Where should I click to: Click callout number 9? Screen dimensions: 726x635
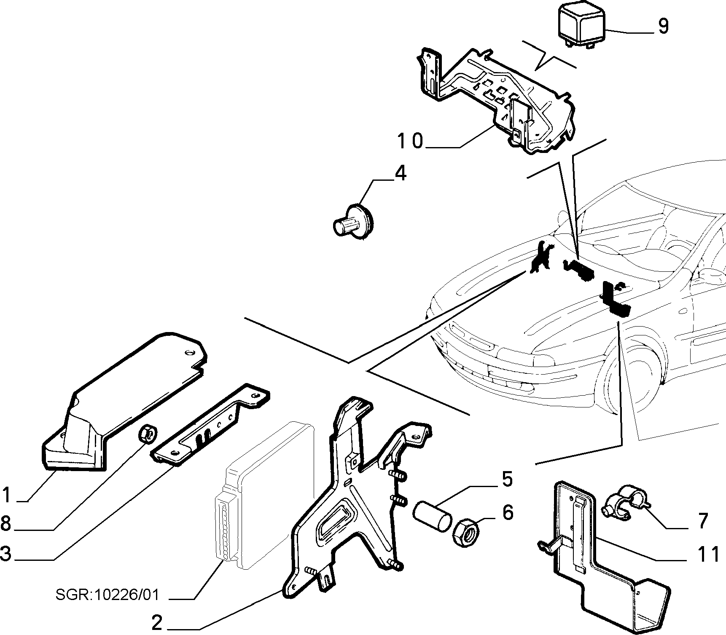point(662,26)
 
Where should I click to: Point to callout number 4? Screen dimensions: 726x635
point(400,173)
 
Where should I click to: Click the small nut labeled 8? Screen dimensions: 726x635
point(148,434)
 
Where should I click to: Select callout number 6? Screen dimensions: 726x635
point(508,512)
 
